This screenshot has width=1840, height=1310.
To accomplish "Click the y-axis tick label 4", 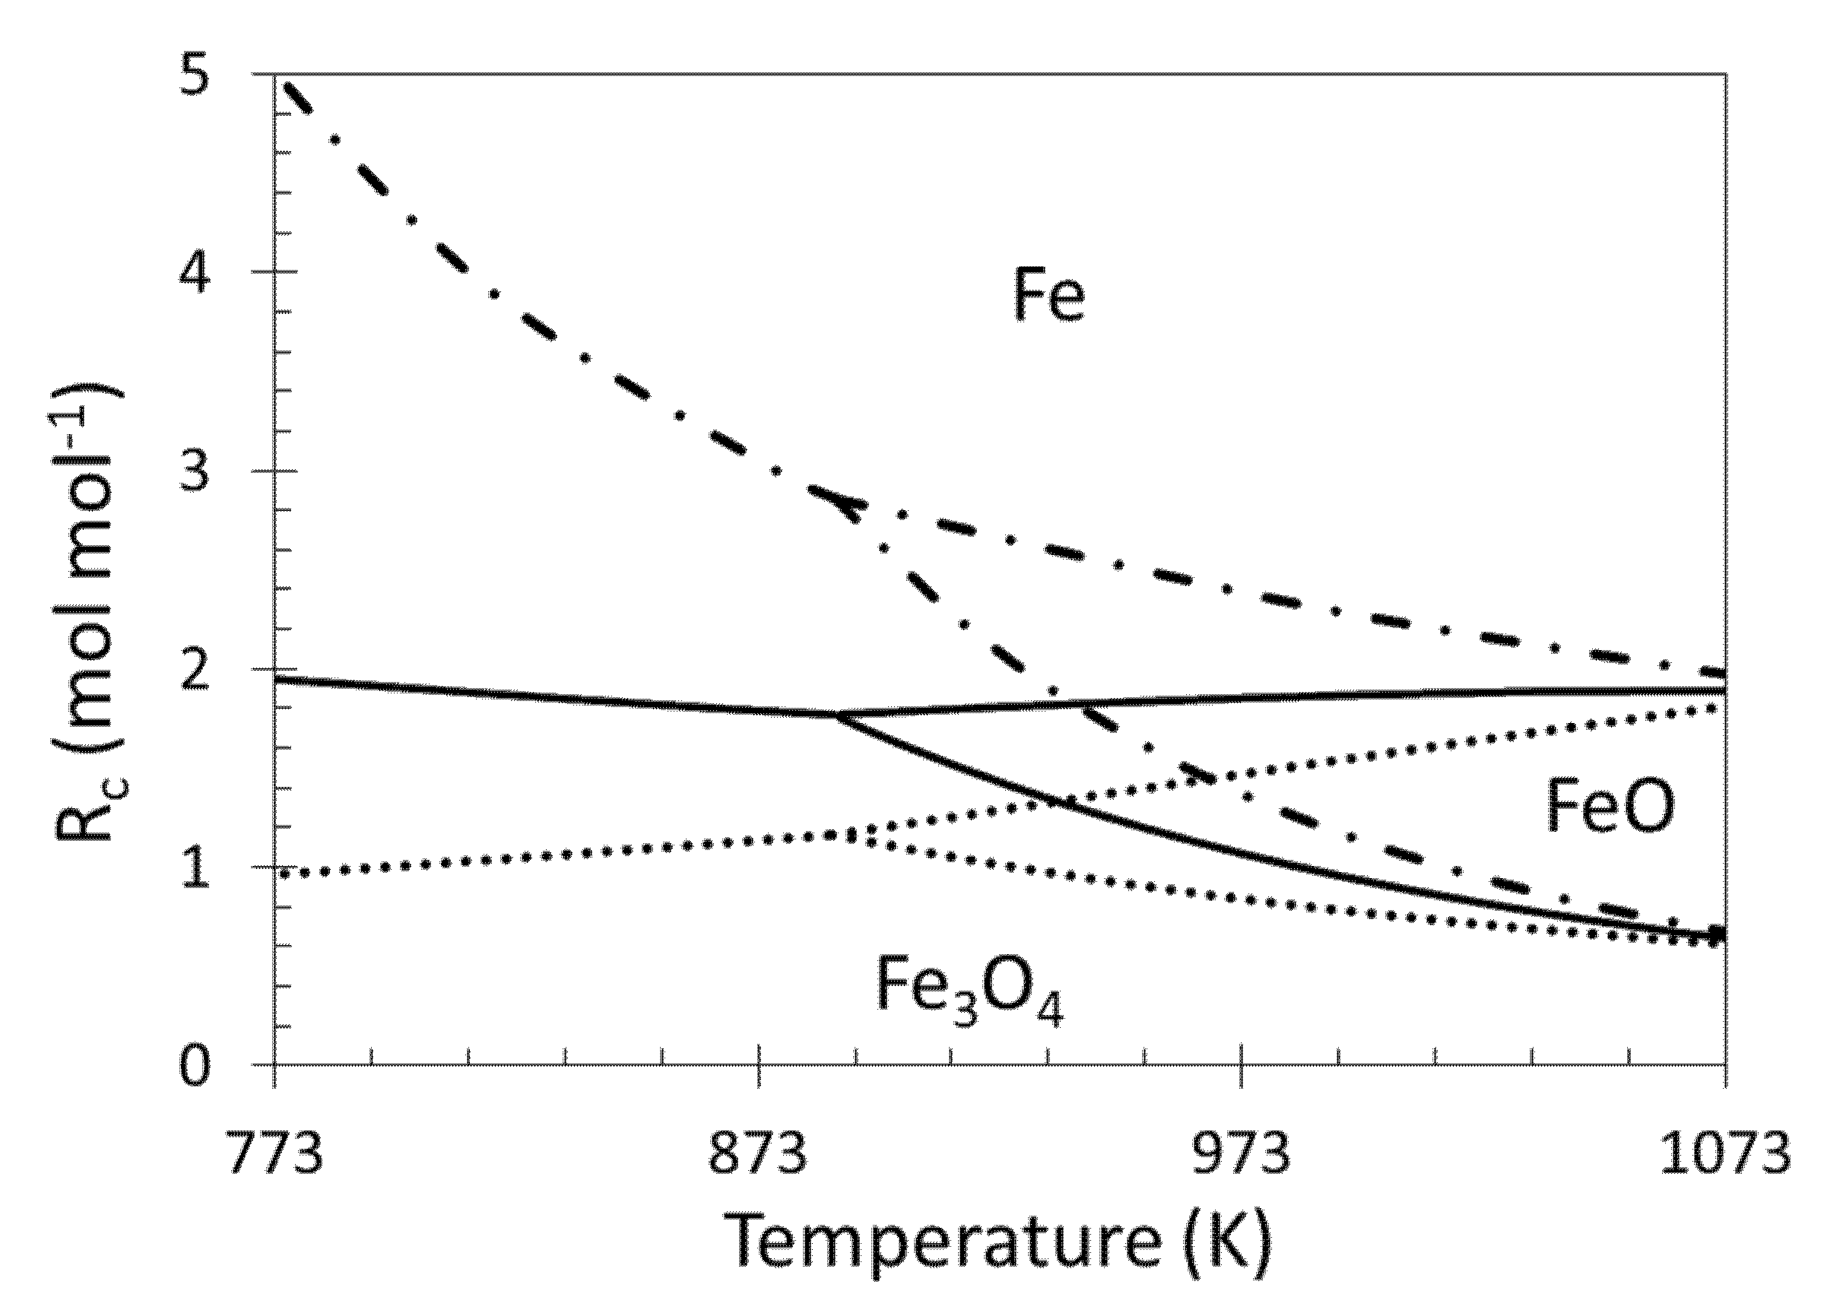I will click(195, 275).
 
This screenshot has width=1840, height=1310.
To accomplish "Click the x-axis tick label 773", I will click(274, 1154).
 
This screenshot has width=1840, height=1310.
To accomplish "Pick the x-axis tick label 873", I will click(758, 1154).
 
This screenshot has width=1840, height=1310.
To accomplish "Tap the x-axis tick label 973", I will click(1242, 1154).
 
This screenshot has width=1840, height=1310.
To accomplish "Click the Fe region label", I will click(1048, 297).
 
